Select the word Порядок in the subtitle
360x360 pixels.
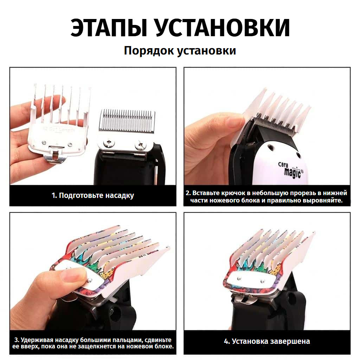pyautogui.click(x=149, y=51)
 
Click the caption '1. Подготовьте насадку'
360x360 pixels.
pyautogui.click(x=93, y=195)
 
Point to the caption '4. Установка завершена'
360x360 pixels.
pyautogui.click(x=267, y=341)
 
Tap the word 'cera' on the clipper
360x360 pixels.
pyautogui.click(x=283, y=165)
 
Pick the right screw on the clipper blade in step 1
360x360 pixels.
pyautogui.click(x=141, y=145)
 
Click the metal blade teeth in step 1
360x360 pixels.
pyautogui.click(x=127, y=120)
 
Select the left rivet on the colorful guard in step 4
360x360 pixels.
pyautogui.click(x=239, y=278)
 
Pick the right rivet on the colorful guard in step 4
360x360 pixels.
pyautogui.click(x=263, y=281)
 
